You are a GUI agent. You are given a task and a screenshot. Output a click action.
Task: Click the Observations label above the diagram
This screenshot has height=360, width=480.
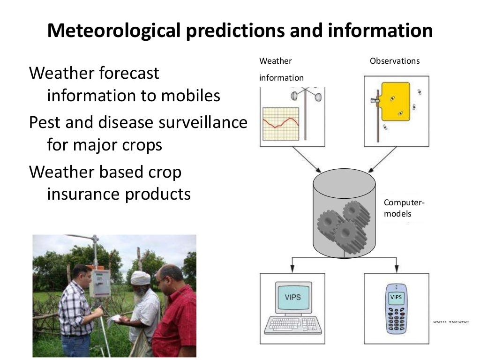[x=395, y=61]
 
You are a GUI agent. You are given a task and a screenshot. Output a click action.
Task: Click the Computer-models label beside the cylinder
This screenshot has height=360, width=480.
[x=404, y=208]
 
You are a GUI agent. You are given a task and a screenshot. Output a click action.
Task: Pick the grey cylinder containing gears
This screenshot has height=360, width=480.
[x=344, y=214]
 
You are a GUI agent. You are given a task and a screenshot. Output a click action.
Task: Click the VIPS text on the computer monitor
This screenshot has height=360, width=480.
[x=292, y=297]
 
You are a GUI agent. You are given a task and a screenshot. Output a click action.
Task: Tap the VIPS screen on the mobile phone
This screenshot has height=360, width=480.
[x=396, y=298]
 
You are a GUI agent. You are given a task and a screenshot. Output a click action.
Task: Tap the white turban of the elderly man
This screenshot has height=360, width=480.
[x=140, y=278]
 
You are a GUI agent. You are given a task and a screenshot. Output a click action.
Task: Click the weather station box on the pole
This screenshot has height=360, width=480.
[x=100, y=283]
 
